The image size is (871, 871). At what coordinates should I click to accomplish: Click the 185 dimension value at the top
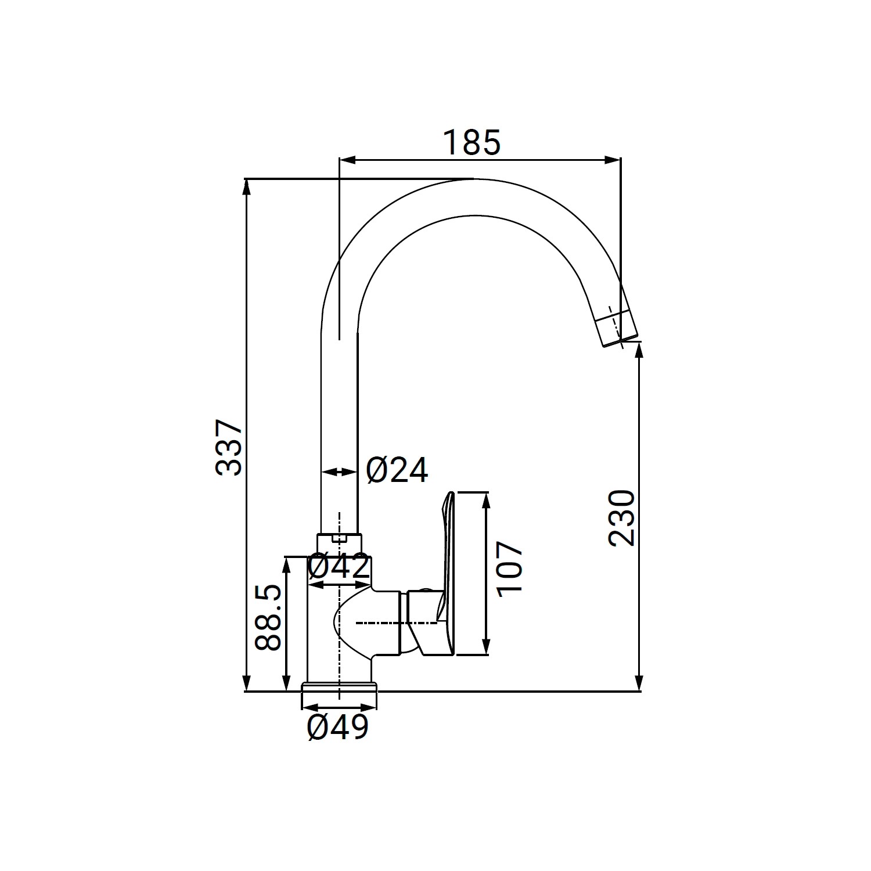coord(472,143)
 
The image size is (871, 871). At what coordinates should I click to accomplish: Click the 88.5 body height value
coord(268,617)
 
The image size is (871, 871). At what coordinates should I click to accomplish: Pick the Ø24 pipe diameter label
coord(397,470)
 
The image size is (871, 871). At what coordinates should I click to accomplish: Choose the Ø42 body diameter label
coord(339,567)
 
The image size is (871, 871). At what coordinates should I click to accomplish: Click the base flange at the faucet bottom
coord(339,688)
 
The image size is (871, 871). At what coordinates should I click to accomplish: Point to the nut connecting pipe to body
coord(339,543)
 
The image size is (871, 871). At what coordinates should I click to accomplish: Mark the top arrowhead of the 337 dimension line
coord(247,185)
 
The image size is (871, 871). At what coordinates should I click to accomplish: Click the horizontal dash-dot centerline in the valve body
coord(395,623)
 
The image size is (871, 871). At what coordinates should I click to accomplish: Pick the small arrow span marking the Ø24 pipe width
coord(339,472)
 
